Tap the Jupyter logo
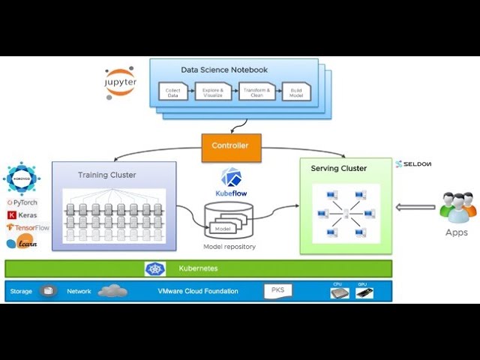coord(120,82)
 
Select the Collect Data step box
coord(172,94)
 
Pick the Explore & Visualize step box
coord(212,94)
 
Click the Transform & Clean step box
coord(253,94)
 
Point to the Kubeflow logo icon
coord(231,178)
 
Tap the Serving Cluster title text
coord(339,169)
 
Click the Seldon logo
coord(413,163)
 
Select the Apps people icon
coord(457,207)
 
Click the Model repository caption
coord(229,247)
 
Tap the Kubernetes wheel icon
coord(155,268)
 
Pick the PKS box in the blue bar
coord(277,290)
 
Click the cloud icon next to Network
coord(112,291)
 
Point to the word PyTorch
coord(25,202)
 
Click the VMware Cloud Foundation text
coord(197,291)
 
